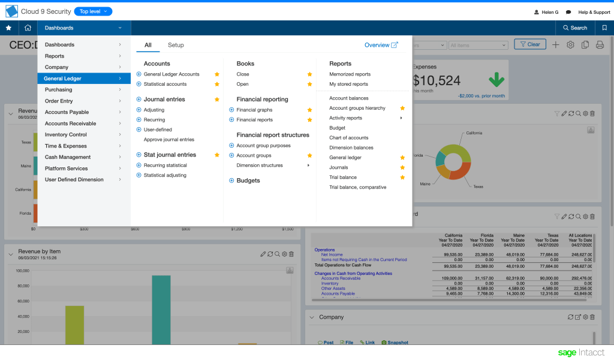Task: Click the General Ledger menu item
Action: [62, 79]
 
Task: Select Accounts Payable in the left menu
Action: [67, 112]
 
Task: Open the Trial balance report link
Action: [343, 178]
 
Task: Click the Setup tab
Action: [176, 45]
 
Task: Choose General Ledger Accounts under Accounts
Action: [171, 74]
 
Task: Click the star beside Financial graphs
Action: [310, 110]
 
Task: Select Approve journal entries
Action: [169, 140]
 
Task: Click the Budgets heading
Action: [248, 181]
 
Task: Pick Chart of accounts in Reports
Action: [349, 138]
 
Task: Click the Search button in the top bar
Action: [574, 28]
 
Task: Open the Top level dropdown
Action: [93, 11]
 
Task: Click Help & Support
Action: [594, 12]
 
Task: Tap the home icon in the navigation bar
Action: [28, 28]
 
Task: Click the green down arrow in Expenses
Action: [496, 80]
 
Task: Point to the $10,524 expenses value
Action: [437, 80]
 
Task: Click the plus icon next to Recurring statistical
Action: [139, 166]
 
